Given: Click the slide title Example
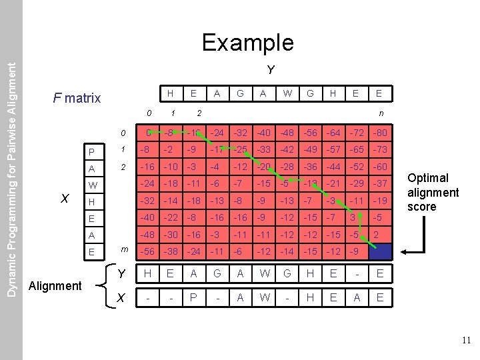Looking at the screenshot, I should [247, 43].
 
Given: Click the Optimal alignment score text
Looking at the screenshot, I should [433, 192].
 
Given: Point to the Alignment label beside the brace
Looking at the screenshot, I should [56, 285].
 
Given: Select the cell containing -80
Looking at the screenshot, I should [379, 134].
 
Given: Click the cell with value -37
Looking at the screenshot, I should [379, 184].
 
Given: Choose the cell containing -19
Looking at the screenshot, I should [379, 201].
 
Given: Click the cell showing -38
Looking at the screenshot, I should [171, 251].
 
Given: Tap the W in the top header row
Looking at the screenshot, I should [287, 93].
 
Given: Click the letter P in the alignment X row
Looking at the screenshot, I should [193, 298].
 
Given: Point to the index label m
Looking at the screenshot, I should [125, 249].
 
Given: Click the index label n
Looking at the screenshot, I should [381, 113].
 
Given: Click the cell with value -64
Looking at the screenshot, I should [333, 134].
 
